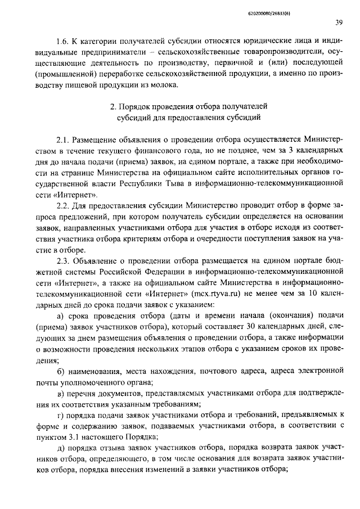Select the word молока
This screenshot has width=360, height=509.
pyautogui.click(x=161, y=85)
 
